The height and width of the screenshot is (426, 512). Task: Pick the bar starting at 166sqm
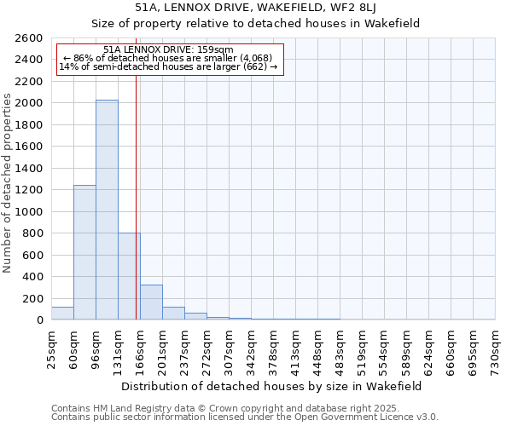[151, 302]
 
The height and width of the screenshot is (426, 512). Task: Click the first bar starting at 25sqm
[62, 314]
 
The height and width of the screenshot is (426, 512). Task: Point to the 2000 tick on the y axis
[32, 103]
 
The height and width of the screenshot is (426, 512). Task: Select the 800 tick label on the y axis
[34, 233]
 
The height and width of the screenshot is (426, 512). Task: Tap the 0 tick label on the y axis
[40, 320]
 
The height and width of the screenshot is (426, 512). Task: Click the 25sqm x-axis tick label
[51, 348]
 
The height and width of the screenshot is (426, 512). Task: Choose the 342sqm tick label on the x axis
[251, 350]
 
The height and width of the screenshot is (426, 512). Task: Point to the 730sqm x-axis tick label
[495, 350]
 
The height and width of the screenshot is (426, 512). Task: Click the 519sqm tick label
[362, 350]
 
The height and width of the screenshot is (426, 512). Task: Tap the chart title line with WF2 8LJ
[256, 7]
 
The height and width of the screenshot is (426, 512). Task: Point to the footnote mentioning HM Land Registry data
[201, 408]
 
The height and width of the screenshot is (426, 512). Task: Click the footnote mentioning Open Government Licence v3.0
[245, 417]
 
